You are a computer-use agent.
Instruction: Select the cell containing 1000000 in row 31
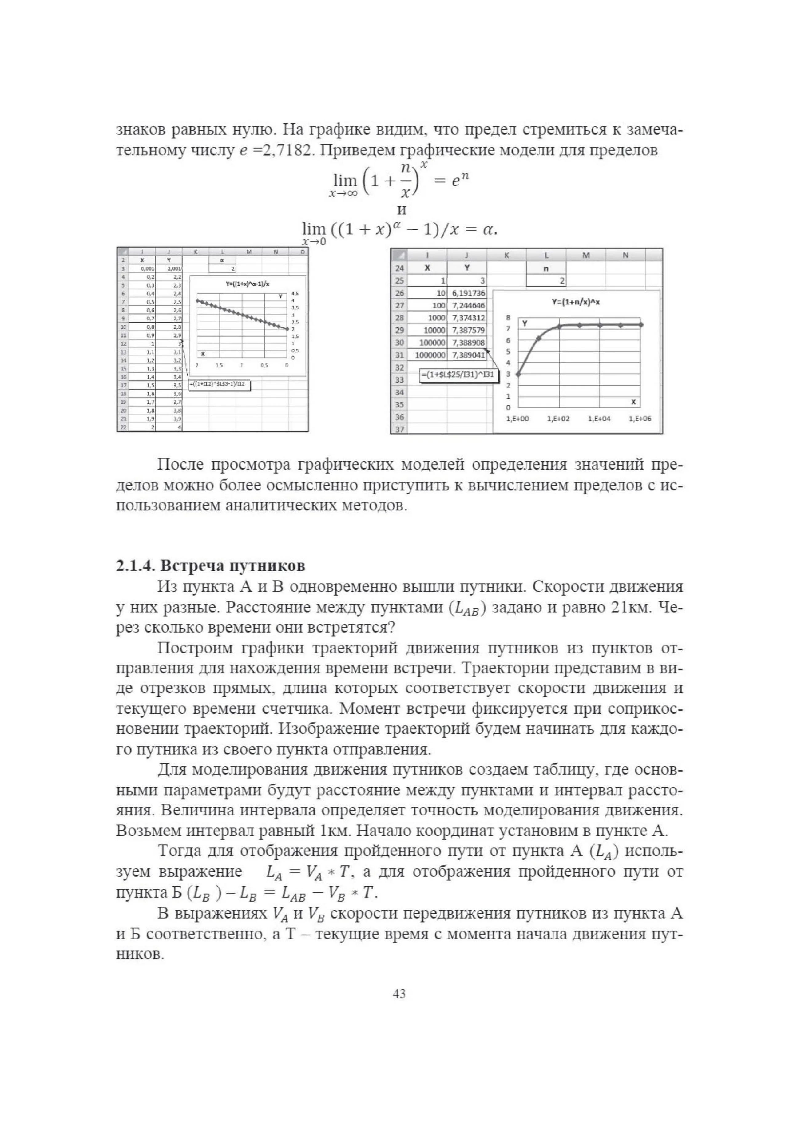(430, 355)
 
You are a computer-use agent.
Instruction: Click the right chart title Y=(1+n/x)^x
(575, 302)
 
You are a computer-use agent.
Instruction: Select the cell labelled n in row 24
(546, 268)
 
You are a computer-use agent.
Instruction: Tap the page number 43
(399, 994)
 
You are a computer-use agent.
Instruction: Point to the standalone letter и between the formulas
(402, 210)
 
